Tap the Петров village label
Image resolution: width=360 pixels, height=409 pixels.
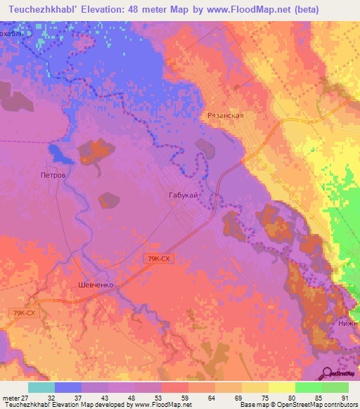coord(53,174)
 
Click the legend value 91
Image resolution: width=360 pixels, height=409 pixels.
coord(344,398)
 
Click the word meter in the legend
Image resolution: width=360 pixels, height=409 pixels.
coord(10,398)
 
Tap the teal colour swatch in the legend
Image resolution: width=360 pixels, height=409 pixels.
coord(41,387)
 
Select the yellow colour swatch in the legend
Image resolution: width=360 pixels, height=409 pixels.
coord(282,387)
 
